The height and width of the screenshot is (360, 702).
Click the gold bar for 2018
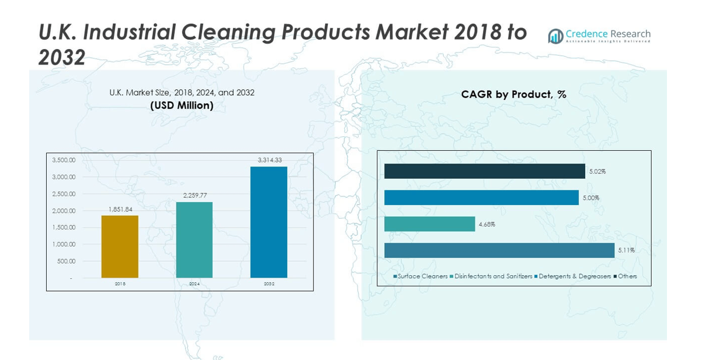(x=120, y=247)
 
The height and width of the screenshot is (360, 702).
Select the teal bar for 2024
(x=194, y=240)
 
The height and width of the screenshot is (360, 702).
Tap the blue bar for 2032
(x=269, y=222)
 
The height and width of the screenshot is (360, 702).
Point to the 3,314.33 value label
(x=269, y=160)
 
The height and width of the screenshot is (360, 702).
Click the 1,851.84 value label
(x=120, y=209)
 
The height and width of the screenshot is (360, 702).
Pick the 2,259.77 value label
(x=194, y=196)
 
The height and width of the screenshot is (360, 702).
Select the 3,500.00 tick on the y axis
(x=64, y=160)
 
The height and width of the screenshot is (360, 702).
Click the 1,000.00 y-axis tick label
(x=64, y=244)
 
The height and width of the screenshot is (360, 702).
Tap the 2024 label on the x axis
(x=194, y=284)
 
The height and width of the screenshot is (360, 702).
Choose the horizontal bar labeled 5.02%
(x=484, y=171)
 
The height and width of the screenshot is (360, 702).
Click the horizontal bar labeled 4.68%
(x=429, y=224)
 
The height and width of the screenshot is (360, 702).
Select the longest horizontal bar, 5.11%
(x=499, y=250)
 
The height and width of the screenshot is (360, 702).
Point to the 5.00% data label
(x=590, y=198)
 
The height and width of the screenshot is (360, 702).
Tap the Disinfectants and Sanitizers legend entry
(x=492, y=276)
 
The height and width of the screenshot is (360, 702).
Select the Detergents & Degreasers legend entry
(x=574, y=276)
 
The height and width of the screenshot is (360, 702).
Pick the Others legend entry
(x=627, y=276)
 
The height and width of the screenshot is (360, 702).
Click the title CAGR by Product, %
(x=513, y=94)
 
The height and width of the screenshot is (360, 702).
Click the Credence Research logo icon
(x=555, y=36)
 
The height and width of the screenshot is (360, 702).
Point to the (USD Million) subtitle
(x=182, y=106)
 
